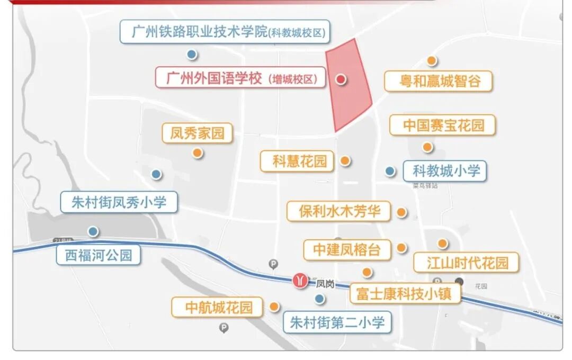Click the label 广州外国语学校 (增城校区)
[242, 78]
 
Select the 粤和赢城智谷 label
[439, 81]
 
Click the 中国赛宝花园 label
[443, 125]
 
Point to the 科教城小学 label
[445, 171]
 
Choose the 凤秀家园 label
[197, 132]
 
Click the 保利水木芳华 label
[339, 211]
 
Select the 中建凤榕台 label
[347, 249]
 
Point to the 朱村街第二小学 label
[337, 322]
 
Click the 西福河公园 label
[99, 255]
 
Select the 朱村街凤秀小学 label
[119, 202]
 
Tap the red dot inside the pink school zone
[341, 79]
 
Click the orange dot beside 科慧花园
[345, 160]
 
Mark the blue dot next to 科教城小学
[390, 171]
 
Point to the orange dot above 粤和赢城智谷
[432, 60]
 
